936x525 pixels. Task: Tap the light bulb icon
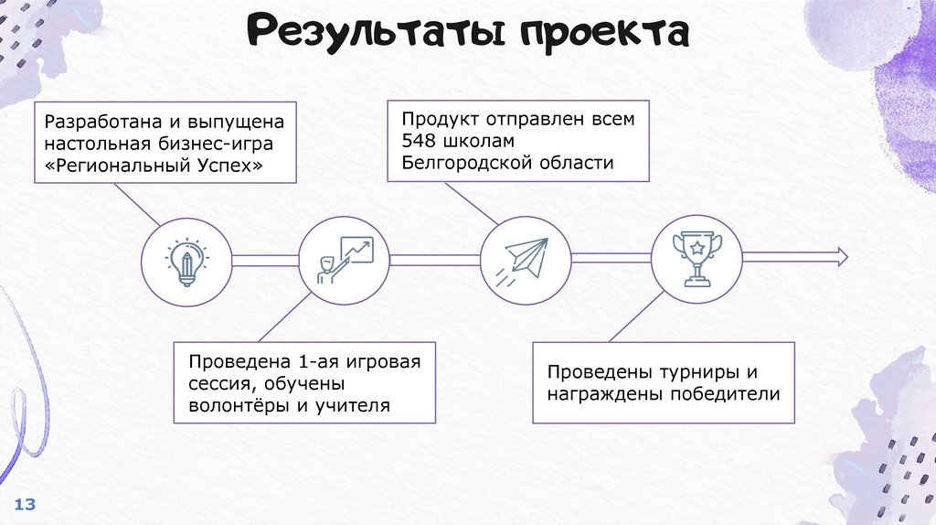click(186, 261)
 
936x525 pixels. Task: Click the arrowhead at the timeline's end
click(840, 257)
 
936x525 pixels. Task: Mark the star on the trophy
click(697, 246)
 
